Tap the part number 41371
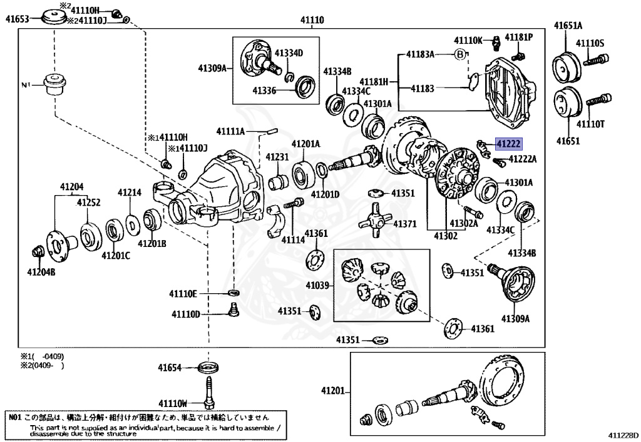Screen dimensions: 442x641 click(x=404, y=224)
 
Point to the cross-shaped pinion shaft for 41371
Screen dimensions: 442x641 click(x=373, y=217)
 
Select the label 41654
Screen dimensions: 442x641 click(x=169, y=368)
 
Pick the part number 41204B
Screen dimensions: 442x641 click(x=41, y=272)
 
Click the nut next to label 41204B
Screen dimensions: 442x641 click(x=36, y=253)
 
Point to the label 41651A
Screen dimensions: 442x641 click(x=568, y=26)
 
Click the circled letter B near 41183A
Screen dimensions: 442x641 click(x=459, y=54)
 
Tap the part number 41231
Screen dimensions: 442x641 click(x=277, y=157)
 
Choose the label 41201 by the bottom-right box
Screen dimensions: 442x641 click(x=332, y=391)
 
